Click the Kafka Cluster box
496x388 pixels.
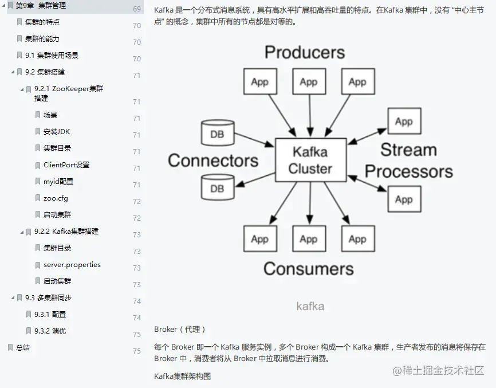[x=310, y=160]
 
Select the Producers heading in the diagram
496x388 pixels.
[x=304, y=53]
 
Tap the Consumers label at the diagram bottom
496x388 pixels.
[x=308, y=268]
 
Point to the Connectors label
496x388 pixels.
[x=212, y=160]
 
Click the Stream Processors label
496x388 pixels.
[x=408, y=160]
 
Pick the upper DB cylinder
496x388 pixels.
[x=218, y=134]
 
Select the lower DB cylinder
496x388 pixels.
[x=218, y=187]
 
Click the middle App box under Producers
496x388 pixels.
[x=309, y=82]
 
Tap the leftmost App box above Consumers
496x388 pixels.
[x=260, y=239]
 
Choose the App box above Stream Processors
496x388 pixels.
[x=404, y=122]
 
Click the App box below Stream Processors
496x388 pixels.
[x=404, y=199]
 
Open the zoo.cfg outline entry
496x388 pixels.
[x=56, y=198]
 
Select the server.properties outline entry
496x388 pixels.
[x=72, y=265]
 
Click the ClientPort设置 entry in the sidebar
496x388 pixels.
[x=66, y=165]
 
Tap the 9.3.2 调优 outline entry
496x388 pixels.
[x=50, y=331]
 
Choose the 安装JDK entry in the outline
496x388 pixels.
[x=57, y=132]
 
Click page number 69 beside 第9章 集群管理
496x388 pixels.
[x=137, y=9]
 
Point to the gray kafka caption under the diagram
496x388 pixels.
[x=310, y=306]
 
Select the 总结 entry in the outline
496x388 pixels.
[x=23, y=347]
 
